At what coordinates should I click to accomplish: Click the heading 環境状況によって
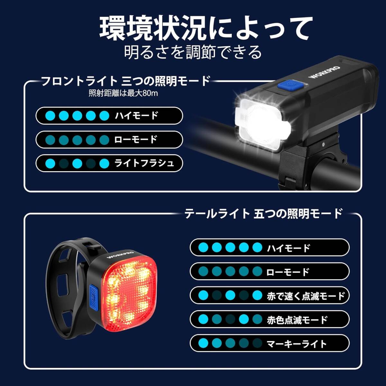206,28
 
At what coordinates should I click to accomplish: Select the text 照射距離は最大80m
124,93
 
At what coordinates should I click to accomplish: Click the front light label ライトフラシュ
144,163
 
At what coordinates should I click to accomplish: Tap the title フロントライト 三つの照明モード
126,80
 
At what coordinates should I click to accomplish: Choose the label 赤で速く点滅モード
306,296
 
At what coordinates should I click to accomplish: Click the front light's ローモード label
135,139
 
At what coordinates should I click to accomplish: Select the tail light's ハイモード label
288,248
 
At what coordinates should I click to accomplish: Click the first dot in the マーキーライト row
203,343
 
